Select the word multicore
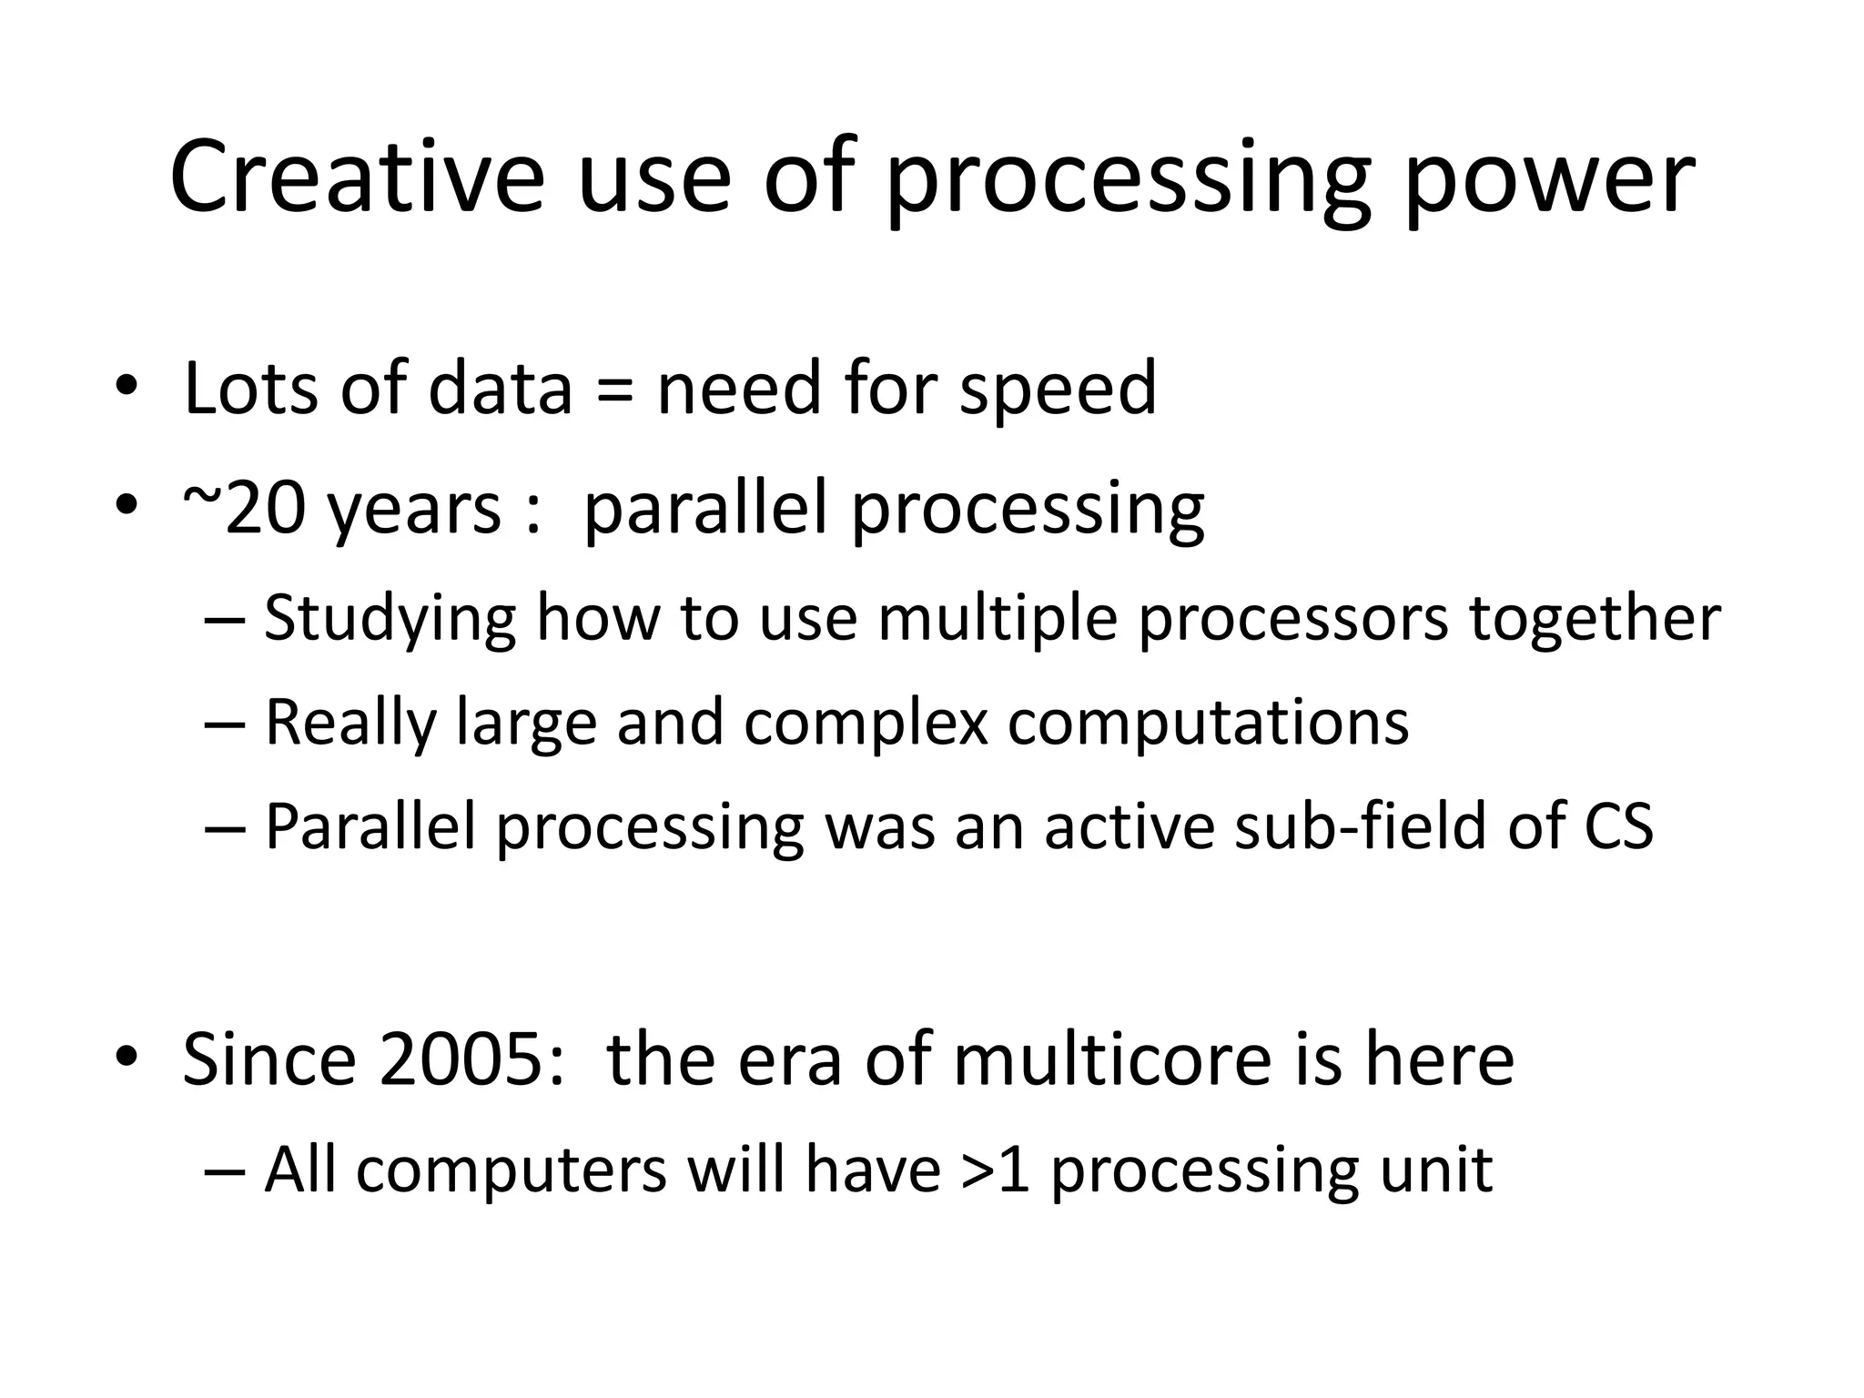click(1111, 1060)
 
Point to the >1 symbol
click(996, 1170)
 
